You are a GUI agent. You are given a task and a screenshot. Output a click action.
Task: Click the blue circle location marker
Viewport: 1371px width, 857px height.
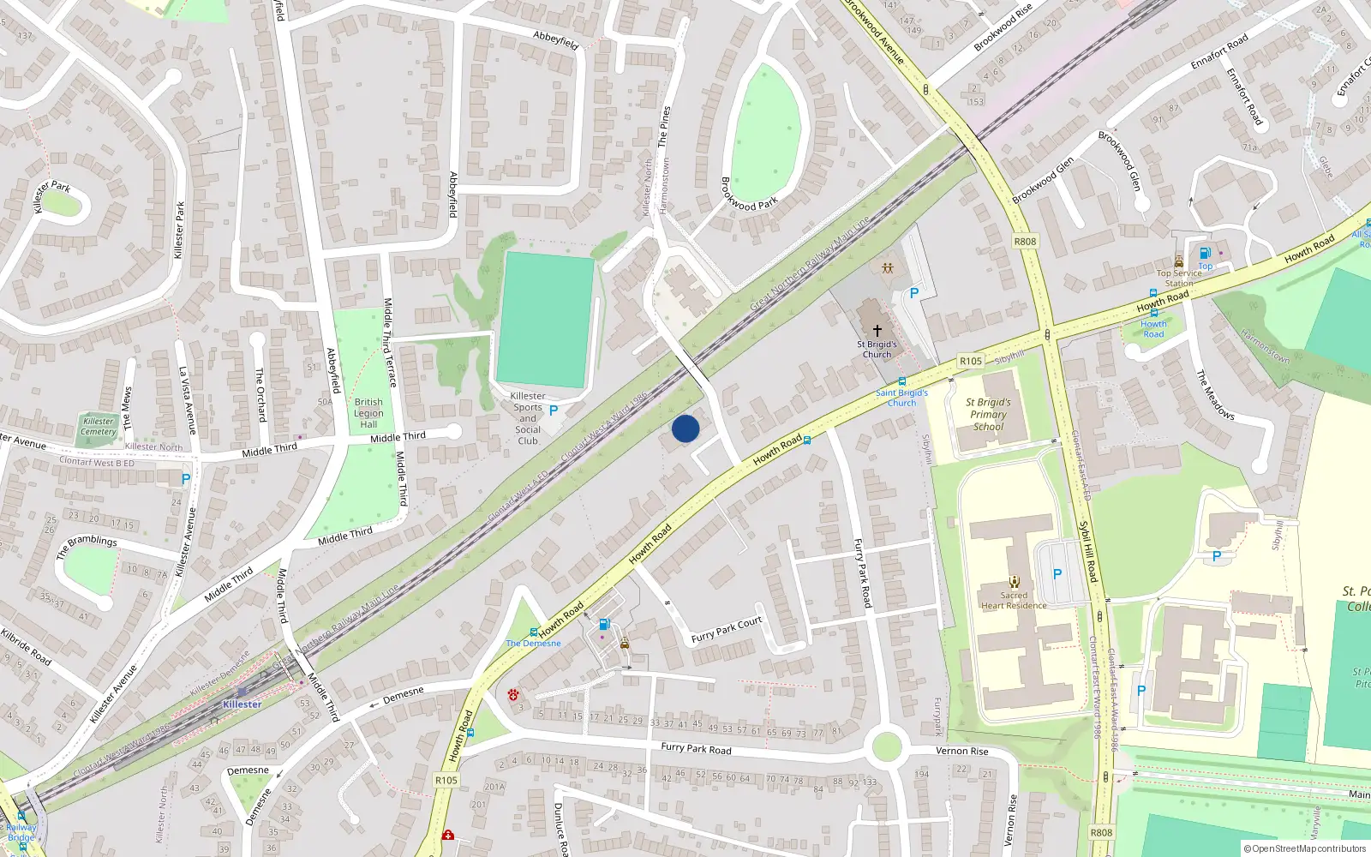pos(685,428)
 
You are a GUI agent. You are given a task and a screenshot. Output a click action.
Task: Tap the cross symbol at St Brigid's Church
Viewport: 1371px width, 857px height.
pos(877,330)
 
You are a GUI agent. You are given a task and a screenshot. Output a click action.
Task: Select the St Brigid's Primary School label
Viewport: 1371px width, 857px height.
pos(988,414)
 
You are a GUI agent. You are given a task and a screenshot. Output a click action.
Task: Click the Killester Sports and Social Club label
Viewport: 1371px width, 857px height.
pos(528,418)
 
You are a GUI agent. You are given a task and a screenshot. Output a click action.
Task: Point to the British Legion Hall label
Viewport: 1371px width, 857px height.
pos(368,412)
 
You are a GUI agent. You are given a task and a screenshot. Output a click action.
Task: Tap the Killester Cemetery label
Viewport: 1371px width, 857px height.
pos(99,426)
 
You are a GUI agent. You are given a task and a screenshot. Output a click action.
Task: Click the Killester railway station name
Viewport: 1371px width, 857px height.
pos(242,704)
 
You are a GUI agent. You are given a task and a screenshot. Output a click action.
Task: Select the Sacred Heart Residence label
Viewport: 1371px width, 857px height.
pos(1014,600)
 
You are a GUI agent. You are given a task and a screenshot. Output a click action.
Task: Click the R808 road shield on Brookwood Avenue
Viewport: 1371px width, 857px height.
pos(1025,242)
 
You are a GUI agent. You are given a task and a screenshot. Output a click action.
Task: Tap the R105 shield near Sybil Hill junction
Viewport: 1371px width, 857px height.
pos(970,362)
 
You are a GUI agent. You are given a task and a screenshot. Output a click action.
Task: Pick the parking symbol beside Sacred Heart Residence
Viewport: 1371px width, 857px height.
pos(1057,574)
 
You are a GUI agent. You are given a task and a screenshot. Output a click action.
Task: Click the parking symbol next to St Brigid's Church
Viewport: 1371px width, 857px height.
pos(913,293)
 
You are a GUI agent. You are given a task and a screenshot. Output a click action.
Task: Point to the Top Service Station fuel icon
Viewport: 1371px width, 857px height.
pos(1205,254)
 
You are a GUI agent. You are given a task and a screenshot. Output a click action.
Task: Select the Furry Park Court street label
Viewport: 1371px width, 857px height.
pos(727,630)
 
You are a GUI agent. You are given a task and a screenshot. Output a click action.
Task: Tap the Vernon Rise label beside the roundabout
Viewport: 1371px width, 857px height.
pos(961,752)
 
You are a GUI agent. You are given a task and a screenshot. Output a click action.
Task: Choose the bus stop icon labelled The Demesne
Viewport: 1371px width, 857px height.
pos(534,632)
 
